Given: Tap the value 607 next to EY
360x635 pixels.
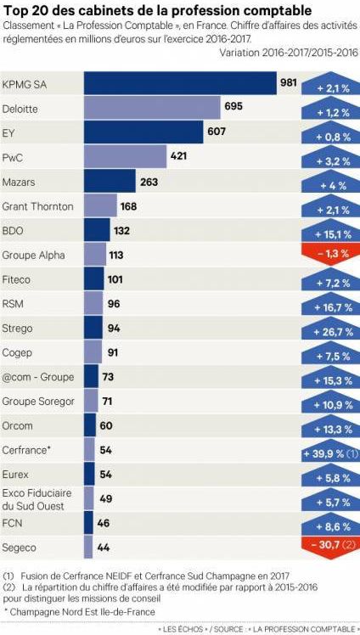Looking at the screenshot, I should point(217,132).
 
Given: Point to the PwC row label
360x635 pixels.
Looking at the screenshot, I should point(13,157).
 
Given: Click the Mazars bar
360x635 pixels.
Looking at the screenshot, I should point(110,182).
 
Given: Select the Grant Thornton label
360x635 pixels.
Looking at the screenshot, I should point(38,206).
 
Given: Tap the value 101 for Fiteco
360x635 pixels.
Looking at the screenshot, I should point(116,279).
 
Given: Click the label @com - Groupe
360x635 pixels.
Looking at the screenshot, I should point(38,377).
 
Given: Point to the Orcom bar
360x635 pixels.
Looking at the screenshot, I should point(90,425).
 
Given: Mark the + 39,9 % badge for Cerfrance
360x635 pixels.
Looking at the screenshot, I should point(327,454).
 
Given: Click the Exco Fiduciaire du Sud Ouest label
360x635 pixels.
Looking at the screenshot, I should point(37,499).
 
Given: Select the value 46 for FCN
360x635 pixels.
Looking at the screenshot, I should point(104,523).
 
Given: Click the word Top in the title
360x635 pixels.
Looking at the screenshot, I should point(14,10).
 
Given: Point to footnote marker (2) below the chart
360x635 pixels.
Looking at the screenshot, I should point(9,587).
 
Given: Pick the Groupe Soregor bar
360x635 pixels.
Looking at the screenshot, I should point(90,401).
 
